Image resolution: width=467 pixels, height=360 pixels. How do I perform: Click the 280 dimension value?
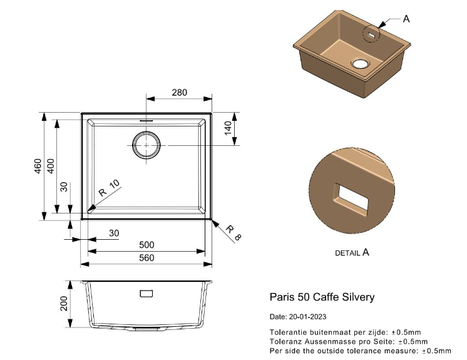pyautogui.click(x=179, y=93)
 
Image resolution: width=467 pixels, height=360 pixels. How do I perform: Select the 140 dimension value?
pyautogui.click(x=228, y=128)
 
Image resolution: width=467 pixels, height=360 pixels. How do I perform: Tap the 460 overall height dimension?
pyautogui.click(x=38, y=166)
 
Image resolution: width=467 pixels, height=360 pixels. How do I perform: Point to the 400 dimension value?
pyautogui.click(x=51, y=166)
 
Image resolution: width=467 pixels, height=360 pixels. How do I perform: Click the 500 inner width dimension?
pyautogui.click(x=147, y=245)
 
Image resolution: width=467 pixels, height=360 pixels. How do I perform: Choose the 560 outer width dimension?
pyautogui.click(x=147, y=257)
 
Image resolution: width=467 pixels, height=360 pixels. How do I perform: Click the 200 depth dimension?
pyautogui.click(x=64, y=304)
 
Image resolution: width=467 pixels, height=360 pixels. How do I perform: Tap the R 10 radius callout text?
pyautogui.click(x=109, y=188)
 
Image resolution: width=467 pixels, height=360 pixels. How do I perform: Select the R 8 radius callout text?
pyautogui.click(x=233, y=233)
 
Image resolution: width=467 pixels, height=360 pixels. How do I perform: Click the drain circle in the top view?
pyautogui.click(x=146, y=145)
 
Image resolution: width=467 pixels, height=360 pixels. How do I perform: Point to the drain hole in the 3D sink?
pyautogui.click(x=361, y=63)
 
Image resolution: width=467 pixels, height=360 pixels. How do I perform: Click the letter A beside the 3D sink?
pyautogui.click(x=406, y=19)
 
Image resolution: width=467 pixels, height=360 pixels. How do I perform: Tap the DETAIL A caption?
pyautogui.click(x=352, y=252)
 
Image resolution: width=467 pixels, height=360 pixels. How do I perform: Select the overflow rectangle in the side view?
pyautogui.click(x=146, y=294)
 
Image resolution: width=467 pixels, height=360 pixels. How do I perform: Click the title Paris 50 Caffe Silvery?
pyautogui.click(x=322, y=297)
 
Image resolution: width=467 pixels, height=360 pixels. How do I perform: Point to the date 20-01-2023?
pyautogui.click(x=307, y=317)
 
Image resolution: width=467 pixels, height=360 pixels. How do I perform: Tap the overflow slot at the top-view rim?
pyautogui.click(x=146, y=121)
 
